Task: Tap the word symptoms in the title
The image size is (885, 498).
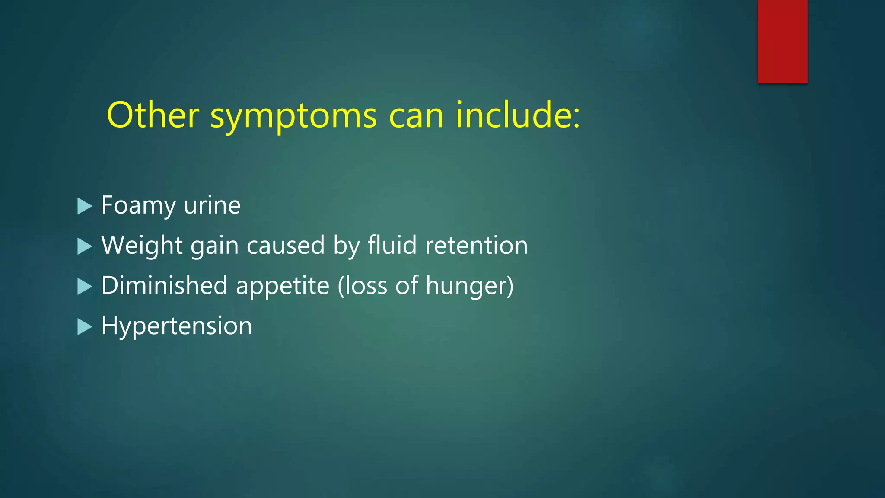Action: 293,117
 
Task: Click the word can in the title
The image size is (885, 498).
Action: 416,117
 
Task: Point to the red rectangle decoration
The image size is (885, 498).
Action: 782,41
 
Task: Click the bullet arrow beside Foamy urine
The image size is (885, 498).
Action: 85,206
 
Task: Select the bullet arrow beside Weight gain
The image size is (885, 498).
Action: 85,246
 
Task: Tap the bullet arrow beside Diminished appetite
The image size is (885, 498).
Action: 85,287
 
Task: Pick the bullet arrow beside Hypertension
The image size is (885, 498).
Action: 85,327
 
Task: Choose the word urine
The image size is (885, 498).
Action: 212,205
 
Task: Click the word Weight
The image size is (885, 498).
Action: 142,245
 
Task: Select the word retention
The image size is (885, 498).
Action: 476,245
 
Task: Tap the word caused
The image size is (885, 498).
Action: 285,245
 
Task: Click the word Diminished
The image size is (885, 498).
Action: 164,285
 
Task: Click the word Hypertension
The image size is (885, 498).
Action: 176,326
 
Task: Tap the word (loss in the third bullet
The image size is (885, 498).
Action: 362,285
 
